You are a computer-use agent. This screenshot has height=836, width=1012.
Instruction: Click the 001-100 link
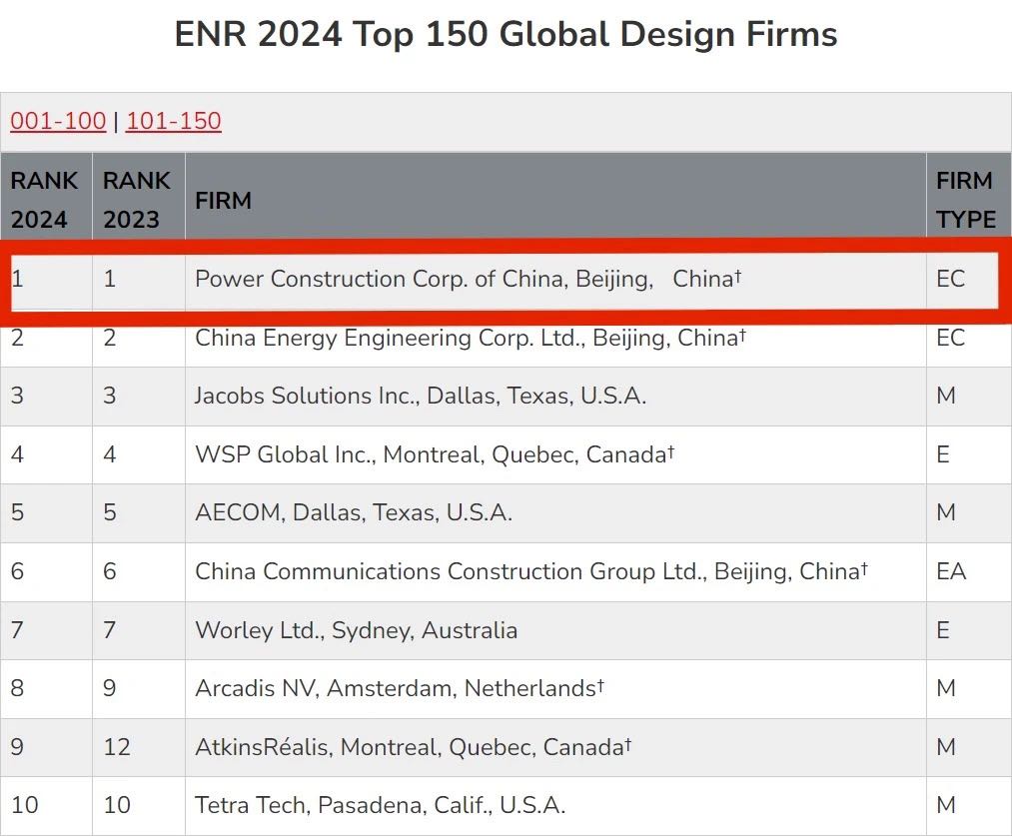pos(58,122)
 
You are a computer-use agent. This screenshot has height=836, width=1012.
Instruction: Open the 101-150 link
pos(173,122)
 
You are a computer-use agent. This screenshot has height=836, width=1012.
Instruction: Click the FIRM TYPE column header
pos(965,200)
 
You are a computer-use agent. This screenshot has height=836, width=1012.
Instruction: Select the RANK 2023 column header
pos(137,200)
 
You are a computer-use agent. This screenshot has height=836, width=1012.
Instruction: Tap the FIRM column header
pos(223,200)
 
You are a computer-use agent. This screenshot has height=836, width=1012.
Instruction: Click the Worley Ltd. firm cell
pos(356,630)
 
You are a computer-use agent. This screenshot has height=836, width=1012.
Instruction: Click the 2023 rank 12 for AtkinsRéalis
pos(117,747)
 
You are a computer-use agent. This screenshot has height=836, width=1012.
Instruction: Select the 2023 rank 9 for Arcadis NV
pos(110,688)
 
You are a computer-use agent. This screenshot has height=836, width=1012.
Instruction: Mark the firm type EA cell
pos(951,571)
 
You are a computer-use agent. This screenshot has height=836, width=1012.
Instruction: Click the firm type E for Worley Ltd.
pos(943,630)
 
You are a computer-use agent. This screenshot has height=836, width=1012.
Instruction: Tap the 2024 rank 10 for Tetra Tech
pos(24,805)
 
